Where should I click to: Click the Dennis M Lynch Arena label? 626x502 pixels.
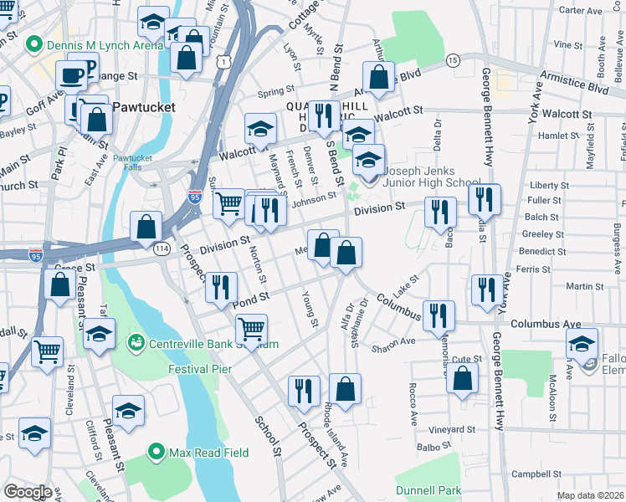click(94, 44)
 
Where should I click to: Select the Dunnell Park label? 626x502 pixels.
click(428, 490)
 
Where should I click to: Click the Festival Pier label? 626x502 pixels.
click(198, 366)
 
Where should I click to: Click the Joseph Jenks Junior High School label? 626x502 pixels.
click(431, 176)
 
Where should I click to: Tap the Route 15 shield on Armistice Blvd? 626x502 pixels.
click(452, 60)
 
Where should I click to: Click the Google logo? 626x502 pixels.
click(28, 492)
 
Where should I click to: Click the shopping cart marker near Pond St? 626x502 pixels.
click(251, 328)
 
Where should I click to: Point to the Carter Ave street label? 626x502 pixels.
click(581, 11)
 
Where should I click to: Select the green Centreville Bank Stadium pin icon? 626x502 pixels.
click(135, 343)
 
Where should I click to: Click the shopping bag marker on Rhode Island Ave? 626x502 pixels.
click(345, 387)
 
